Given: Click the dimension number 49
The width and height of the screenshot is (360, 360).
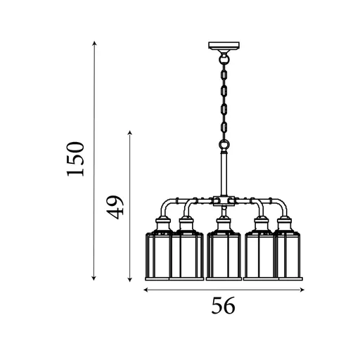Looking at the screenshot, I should (116, 206).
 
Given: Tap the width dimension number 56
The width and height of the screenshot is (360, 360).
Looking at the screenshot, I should (223, 306).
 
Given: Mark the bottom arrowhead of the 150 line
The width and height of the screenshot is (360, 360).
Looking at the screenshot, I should (94, 278).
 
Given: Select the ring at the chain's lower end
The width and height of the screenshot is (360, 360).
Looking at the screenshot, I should (224, 146).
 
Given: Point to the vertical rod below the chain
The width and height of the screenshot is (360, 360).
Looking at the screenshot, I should (224, 172).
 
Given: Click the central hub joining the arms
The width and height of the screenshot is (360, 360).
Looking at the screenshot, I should (224, 201).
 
